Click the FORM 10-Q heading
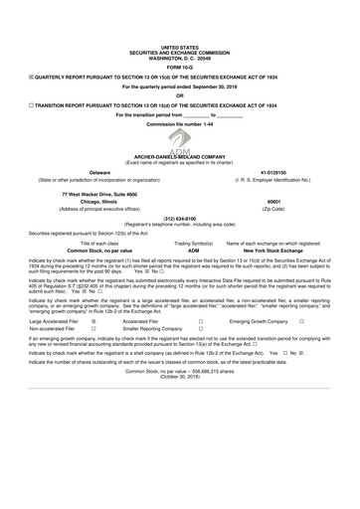pos(179,67)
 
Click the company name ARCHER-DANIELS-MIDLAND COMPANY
pos(180,156)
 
